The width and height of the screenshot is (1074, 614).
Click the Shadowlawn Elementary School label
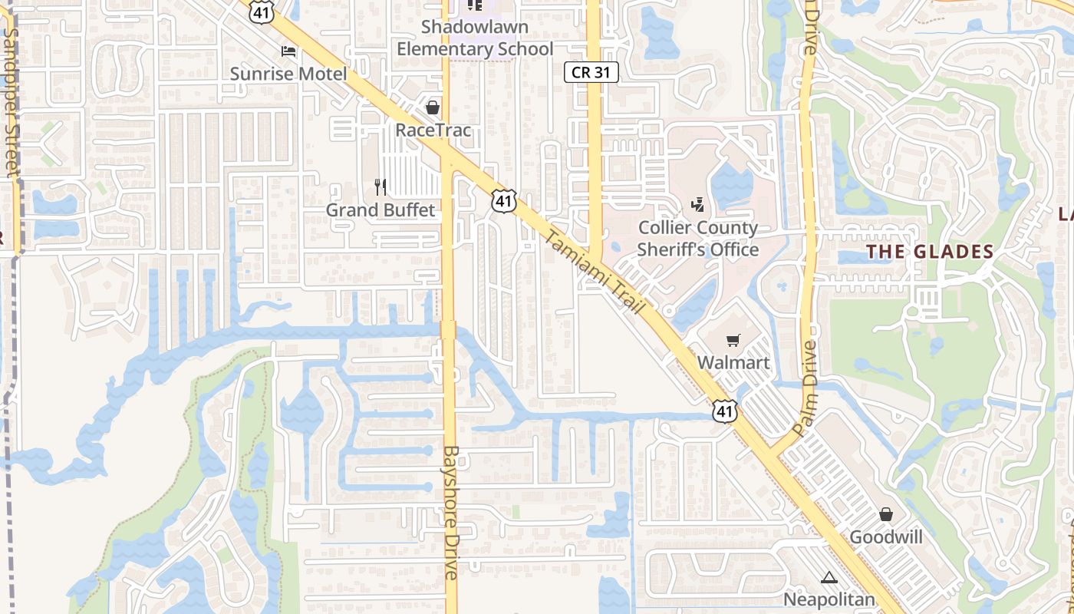tap(475, 38)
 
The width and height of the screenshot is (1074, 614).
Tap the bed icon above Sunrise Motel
tap(288, 51)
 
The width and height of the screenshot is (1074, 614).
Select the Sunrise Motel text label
tap(288, 74)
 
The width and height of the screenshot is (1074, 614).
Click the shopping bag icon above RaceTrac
tap(433, 107)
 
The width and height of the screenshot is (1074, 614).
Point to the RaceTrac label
tap(433, 130)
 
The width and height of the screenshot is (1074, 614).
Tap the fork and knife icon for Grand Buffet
tap(380, 187)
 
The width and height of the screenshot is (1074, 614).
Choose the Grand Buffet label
tap(381, 210)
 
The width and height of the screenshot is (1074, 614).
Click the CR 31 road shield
tap(591, 72)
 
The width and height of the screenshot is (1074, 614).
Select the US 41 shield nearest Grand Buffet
tap(503, 201)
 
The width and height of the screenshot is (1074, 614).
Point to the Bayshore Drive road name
tap(451, 512)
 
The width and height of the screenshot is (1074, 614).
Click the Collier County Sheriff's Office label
tap(698, 239)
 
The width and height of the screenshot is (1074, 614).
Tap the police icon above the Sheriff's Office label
tap(698, 204)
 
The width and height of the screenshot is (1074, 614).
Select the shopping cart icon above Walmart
tap(733, 339)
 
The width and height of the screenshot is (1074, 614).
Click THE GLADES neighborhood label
tap(930, 252)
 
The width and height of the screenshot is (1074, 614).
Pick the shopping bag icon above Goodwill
tap(886, 514)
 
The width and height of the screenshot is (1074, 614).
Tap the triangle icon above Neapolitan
tap(829, 577)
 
